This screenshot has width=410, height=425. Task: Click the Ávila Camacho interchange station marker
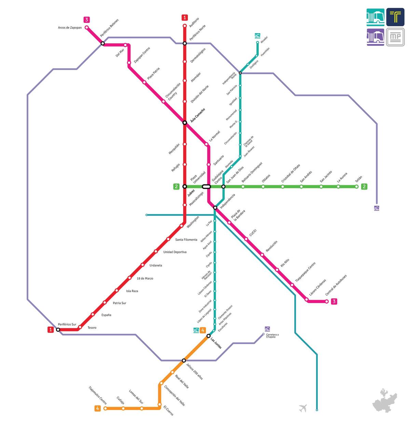[184, 122]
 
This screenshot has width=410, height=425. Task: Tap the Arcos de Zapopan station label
[70, 28]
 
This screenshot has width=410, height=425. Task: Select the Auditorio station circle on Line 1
[184, 26]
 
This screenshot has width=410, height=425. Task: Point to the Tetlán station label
[358, 179]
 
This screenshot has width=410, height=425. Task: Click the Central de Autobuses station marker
[327, 301]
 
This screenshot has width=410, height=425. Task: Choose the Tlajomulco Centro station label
[98, 395]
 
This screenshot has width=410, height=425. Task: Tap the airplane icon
[303, 408]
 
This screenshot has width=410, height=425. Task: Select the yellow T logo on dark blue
[395, 17]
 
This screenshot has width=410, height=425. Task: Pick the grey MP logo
[395, 37]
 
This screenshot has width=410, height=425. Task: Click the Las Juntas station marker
[208, 336]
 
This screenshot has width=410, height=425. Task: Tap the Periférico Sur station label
[67, 324]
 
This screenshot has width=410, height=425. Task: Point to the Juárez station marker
[184, 187]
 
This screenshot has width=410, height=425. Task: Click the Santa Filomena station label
[186, 239]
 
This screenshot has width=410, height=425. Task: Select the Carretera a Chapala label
[272, 336]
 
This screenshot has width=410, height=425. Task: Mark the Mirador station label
[264, 39]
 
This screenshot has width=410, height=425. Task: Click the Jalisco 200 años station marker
[184, 360]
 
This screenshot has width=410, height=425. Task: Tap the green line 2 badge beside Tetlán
[364, 187]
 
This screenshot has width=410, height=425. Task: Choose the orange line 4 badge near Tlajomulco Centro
[97, 408]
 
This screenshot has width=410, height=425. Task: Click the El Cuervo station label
[168, 410]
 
